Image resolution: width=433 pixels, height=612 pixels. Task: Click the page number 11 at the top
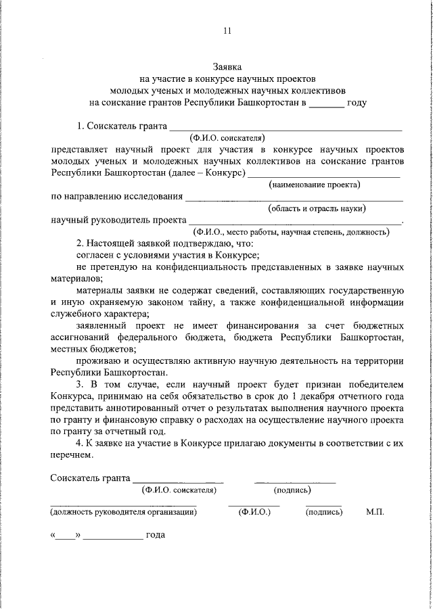(x=227, y=30)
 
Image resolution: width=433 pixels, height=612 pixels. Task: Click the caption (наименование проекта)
(x=314, y=184)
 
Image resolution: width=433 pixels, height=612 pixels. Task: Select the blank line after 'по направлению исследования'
(x=294, y=197)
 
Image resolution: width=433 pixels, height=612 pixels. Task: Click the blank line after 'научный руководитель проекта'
(x=295, y=220)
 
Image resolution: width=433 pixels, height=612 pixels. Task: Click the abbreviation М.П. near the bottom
(x=375, y=512)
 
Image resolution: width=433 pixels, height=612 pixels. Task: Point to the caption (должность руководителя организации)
(x=123, y=512)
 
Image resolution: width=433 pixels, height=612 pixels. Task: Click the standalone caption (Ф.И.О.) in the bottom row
(x=254, y=512)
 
